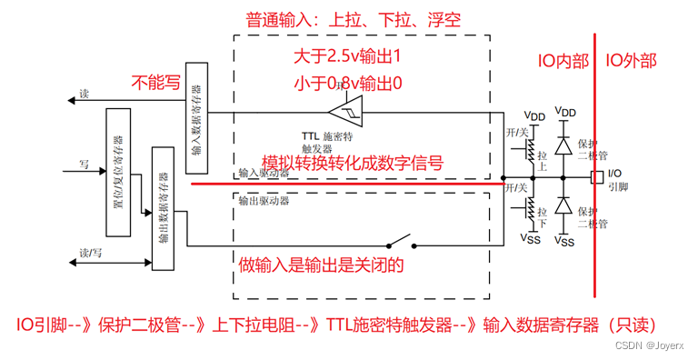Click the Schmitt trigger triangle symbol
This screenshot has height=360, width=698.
[344, 113]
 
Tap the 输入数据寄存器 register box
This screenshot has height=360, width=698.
[198, 118]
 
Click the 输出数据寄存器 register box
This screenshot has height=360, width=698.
[163, 219]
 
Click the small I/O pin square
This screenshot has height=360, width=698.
[596, 177]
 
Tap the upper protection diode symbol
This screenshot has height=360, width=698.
[564, 145]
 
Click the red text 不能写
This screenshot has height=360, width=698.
[156, 83]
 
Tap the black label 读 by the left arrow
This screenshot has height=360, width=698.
[85, 94]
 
